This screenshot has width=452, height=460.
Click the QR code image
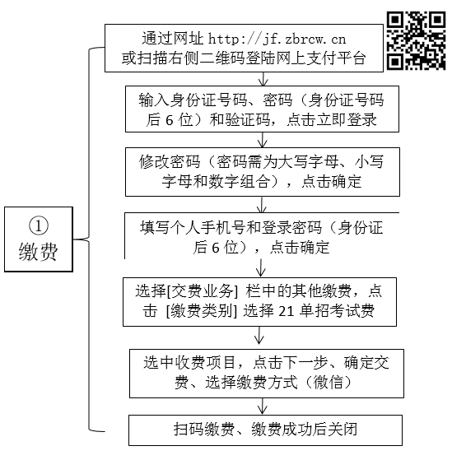pyautogui.click(x=416, y=40)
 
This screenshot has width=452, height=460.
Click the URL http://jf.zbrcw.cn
pyautogui.click(x=277, y=39)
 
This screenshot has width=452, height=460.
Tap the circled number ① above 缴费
pyautogui.click(x=39, y=225)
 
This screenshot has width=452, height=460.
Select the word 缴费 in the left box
pyautogui.click(x=39, y=252)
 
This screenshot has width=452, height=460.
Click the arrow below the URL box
pyautogui.click(x=263, y=79)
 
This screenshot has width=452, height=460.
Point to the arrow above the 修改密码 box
pyautogui.click(x=262, y=140)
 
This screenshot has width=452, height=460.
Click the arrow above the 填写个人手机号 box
pyautogui.click(x=261, y=204)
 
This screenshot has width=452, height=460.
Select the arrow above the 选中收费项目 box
pyautogui.click(x=259, y=335)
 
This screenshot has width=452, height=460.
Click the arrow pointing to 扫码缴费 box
pyautogui.click(x=262, y=406)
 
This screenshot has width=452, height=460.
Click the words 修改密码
pyautogui.click(x=170, y=161)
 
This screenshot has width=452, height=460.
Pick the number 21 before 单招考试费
pyautogui.click(x=287, y=311)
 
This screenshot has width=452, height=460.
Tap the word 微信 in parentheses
pyautogui.click(x=329, y=383)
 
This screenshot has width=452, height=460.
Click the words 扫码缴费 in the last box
pyautogui.click(x=204, y=430)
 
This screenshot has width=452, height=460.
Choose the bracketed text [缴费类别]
pyautogui.click(x=202, y=311)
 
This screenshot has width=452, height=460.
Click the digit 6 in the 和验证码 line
pyautogui.click(x=170, y=120)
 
